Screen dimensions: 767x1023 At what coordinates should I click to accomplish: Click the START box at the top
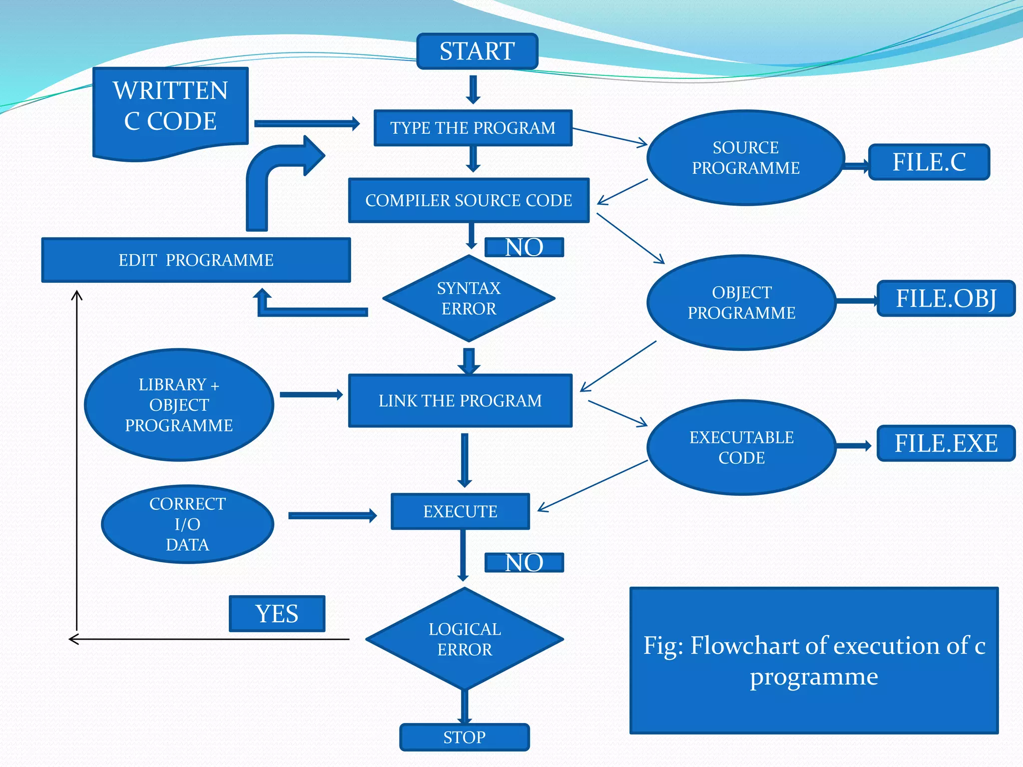pos(477,51)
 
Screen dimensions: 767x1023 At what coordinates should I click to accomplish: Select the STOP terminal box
pos(464,737)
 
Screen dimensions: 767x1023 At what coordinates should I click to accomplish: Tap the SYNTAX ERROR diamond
pos(469,299)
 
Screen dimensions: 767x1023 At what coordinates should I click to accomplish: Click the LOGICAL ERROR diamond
pos(465,639)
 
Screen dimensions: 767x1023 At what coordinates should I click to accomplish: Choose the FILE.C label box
pos(929,162)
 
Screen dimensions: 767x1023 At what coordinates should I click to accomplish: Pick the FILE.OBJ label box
pos(946,299)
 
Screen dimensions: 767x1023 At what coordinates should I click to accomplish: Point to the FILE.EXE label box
pos(946,443)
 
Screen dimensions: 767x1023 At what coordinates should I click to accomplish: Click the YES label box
pos(277,614)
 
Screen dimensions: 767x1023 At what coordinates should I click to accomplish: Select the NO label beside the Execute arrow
pos(524,563)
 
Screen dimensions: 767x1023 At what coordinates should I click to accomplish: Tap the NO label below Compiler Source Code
pos(524,247)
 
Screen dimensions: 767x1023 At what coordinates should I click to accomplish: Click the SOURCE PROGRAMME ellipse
pos(745,158)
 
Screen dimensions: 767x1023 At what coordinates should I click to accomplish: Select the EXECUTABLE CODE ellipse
pos(741,447)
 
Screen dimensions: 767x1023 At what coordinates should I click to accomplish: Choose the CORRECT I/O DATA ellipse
pos(187,524)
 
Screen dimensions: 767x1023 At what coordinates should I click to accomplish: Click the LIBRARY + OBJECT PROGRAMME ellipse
pos(179,404)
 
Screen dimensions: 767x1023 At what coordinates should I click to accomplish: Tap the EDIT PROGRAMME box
pos(196,260)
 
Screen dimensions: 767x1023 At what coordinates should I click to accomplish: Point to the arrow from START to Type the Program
pos(473,89)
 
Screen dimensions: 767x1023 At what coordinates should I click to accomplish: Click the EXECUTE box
pos(460,511)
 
